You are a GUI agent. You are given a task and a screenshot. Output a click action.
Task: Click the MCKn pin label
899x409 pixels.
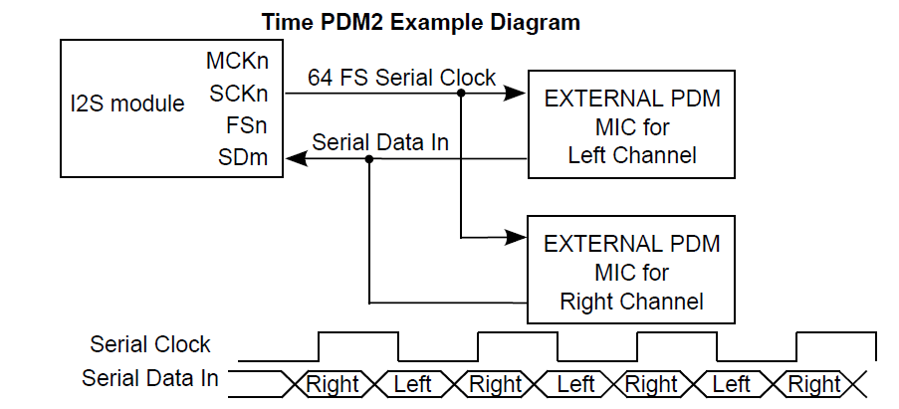(237, 62)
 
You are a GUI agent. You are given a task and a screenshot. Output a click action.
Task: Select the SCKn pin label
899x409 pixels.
(239, 94)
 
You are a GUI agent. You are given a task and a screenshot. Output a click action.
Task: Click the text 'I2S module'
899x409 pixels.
(127, 103)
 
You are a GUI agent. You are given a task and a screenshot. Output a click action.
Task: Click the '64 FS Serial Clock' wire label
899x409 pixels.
(401, 78)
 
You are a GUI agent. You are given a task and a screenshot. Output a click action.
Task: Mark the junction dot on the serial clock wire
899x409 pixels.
(461, 94)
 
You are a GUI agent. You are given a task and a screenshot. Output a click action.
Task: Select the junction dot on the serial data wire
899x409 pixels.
(369, 157)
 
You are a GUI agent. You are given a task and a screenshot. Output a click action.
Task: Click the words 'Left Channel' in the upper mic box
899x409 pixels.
(631, 155)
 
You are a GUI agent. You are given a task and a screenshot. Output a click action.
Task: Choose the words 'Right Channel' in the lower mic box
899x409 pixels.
(631, 301)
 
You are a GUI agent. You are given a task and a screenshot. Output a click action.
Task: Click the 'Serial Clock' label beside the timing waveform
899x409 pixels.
(150, 345)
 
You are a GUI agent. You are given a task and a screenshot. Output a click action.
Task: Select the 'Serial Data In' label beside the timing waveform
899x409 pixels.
(150, 379)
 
